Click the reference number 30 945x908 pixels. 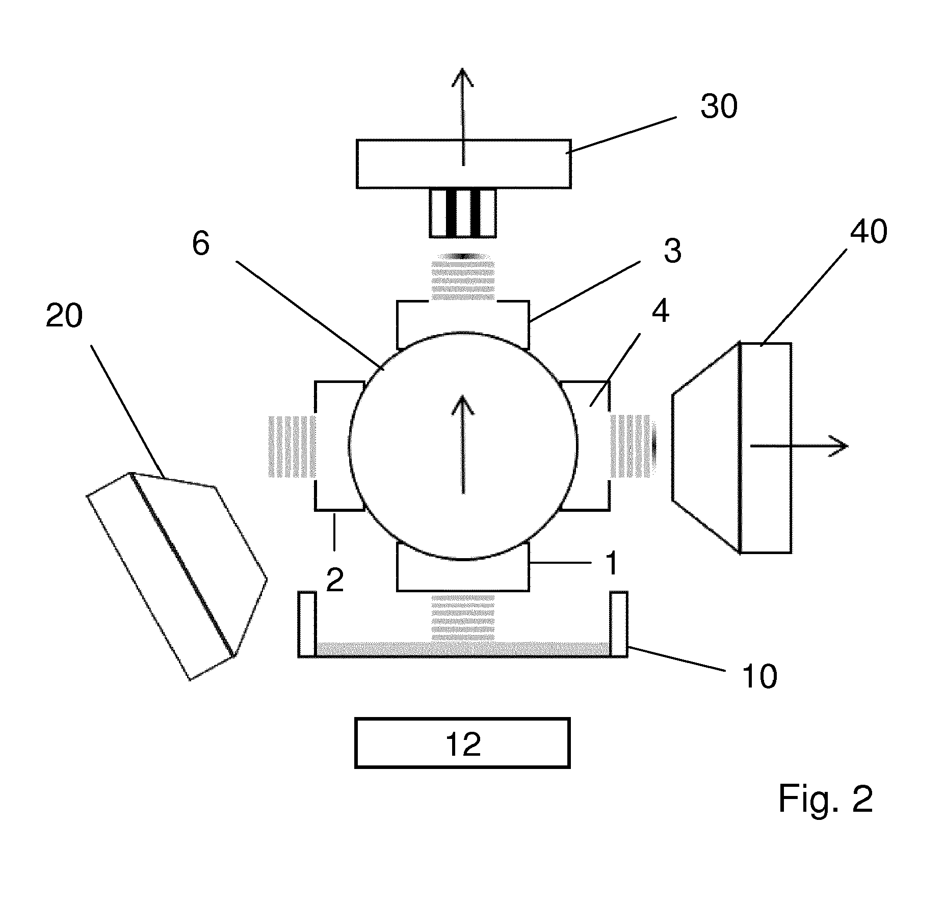pos(719,107)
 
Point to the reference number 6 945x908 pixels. pos(201,244)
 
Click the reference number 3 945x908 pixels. pos(673,251)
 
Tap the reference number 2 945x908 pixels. pos(334,580)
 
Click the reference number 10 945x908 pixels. pos(759,676)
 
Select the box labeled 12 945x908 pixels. pos(462,743)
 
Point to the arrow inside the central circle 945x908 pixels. pos(463,444)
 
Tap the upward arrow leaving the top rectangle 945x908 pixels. pos(463,117)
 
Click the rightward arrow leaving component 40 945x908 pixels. pos(799,446)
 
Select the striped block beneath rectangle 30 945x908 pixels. pos(462,213)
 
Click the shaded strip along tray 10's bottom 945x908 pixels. pos(463,649)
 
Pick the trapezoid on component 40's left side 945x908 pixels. pos(706,448)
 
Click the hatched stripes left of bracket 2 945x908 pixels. pos(291,447)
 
